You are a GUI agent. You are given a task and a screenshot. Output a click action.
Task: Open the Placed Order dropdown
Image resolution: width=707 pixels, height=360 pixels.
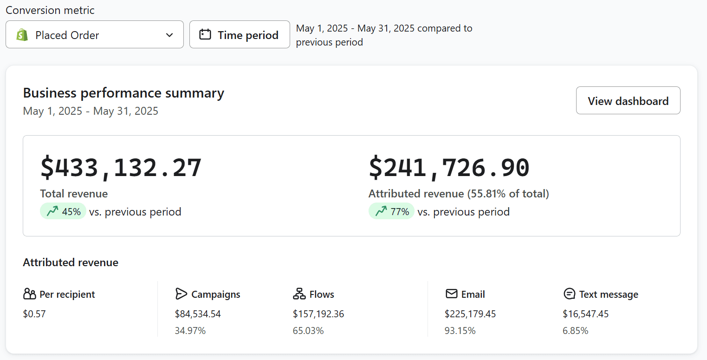[95, 35]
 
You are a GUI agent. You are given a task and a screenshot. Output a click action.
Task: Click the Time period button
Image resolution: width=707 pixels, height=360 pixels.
[240, 35]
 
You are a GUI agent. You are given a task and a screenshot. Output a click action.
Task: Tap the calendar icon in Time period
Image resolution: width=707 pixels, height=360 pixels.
[205, 35]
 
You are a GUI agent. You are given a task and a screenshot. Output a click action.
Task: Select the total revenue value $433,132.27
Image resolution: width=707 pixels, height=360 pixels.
[121, 168]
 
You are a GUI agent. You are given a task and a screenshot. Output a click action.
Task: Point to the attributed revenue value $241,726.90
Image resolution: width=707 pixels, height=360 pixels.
[449, 168]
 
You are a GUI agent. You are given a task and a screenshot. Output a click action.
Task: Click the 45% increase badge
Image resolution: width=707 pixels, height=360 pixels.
[63, 211]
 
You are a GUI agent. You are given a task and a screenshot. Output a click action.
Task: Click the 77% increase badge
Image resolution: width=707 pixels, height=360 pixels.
[391, 211]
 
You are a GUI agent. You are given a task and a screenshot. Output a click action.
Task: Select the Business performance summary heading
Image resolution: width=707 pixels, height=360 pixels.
[123, 93]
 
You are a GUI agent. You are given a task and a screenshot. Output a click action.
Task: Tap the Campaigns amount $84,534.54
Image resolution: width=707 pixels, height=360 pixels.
[198, 314]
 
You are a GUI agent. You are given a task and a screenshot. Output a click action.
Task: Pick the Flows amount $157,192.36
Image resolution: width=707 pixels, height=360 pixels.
[318, 314]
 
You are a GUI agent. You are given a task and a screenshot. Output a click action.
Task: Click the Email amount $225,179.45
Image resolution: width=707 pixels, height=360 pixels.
[470, 314]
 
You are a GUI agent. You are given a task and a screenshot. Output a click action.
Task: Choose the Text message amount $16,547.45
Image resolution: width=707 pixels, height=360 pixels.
[585, 314]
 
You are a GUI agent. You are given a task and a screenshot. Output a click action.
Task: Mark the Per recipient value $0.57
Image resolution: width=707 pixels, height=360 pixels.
[34, 314]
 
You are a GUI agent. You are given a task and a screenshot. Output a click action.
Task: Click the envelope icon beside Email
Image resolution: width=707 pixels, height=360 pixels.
[451, 294]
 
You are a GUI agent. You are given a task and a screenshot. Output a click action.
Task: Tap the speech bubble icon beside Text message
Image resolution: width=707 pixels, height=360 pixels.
[569, 294]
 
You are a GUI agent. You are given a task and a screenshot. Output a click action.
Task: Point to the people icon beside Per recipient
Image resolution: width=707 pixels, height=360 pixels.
[29, 294]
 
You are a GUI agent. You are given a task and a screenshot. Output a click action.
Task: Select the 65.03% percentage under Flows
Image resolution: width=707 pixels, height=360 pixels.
[308, 331]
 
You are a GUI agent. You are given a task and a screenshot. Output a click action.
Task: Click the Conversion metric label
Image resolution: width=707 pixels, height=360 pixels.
[50, 10]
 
